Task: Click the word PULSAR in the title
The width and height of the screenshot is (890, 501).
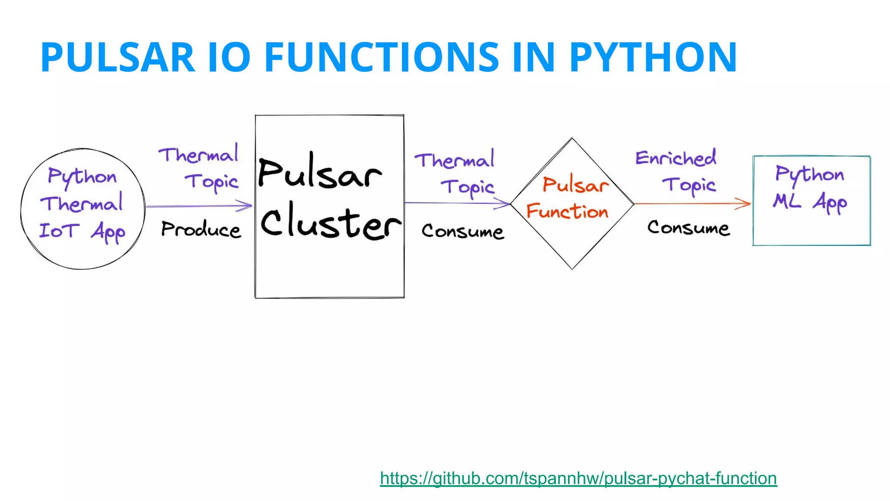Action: coord(117,57)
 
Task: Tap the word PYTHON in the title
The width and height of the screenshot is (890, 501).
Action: coord(653,57)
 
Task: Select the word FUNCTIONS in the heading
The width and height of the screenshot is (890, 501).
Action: coord(382,57)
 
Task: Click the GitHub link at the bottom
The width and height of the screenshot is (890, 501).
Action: coord(578,478)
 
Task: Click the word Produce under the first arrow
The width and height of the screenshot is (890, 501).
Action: coord(201,230)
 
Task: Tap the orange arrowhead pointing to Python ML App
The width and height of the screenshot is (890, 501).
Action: coord(744,203)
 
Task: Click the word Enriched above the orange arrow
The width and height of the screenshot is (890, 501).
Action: coord(676,158)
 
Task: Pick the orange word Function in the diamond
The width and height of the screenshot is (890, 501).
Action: coord(567,211)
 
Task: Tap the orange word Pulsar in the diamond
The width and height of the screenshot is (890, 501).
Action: coord(575,185)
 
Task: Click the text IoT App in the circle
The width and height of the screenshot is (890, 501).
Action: coord(82,231)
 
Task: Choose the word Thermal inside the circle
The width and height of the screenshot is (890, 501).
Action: coord(82,204)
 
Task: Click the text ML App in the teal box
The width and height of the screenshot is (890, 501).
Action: coord(810,202)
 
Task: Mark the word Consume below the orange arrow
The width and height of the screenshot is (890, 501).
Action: coord(688,227)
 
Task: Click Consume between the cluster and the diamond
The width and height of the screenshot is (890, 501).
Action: coord(463,231)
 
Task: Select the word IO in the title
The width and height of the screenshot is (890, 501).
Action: coord(229,57)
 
